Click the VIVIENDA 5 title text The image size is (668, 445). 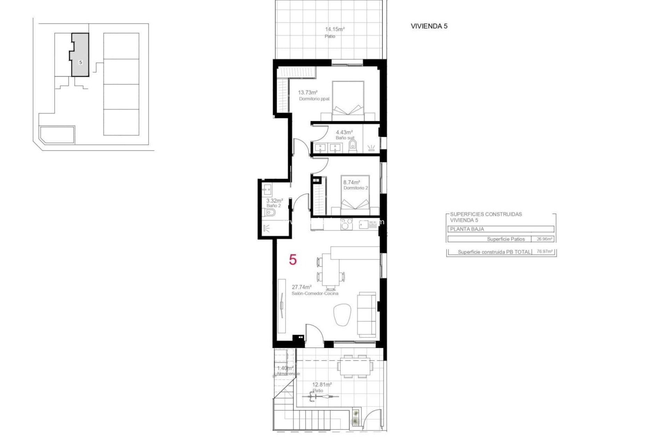(x=429, y=26)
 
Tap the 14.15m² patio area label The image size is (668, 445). (x=334, y=30)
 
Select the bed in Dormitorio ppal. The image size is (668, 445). (x=348, y=99)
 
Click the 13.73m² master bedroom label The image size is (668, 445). (x=308, y=92)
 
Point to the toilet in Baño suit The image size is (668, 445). (x=352, y=146)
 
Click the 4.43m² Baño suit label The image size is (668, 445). (x=344, y=132)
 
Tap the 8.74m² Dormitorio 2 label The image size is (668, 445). (x=351, y=182)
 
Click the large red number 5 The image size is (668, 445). (x=293, y=259)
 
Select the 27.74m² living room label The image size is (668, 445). (x=301, y=287)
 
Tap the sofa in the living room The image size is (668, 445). (x=367, y=314)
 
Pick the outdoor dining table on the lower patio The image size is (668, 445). (x=355, y=366)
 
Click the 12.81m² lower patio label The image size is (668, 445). (x=321, y=385)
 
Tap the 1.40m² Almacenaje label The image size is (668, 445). (x=285, y=368)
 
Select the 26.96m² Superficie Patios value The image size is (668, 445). (x=544, y=239)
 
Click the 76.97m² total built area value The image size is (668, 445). (x=544, y=252)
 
